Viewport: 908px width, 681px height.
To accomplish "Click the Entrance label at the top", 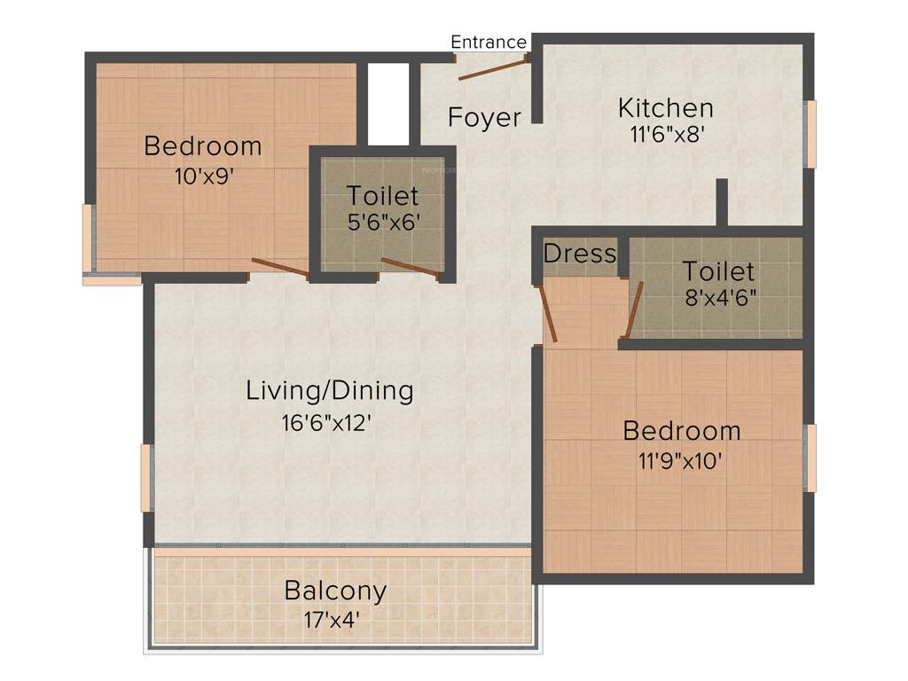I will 489,42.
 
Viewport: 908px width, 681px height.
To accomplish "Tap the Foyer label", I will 484,117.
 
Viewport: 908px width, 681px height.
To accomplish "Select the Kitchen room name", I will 665,108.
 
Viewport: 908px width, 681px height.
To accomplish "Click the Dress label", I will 579,254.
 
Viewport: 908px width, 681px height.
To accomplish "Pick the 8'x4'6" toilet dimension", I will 718,297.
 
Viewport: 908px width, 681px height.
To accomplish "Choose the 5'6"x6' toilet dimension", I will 382,221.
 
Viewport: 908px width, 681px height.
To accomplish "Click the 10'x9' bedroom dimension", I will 203,175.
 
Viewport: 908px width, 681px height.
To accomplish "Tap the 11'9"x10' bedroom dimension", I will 681,460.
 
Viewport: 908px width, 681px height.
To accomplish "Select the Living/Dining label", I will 330,390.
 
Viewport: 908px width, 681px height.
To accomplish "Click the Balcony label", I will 335,590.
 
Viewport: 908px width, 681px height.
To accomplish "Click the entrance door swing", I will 492,68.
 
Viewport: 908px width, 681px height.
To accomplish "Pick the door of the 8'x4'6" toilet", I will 633,310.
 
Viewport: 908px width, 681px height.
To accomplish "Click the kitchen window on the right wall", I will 809,134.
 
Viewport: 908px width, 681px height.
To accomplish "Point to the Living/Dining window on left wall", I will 146,478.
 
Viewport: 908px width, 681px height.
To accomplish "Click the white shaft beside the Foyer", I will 387,102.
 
